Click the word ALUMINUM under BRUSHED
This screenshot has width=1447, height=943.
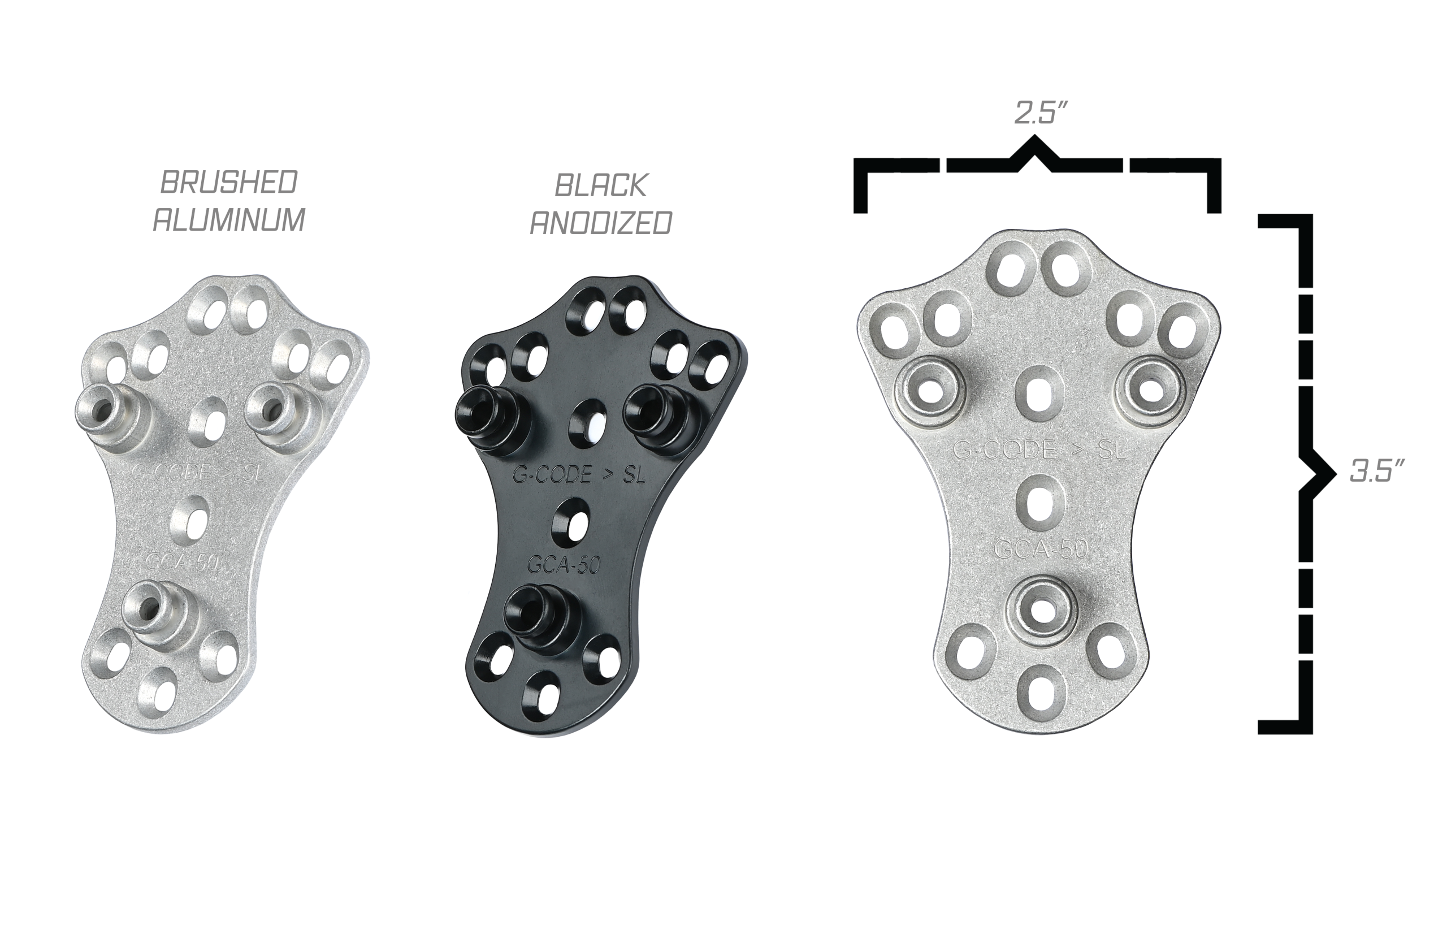coord(228,219)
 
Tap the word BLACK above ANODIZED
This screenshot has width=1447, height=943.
coord(601,185)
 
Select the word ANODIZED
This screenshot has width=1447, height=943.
coord(601,223)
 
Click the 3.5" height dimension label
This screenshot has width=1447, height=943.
coord(1376,470)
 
